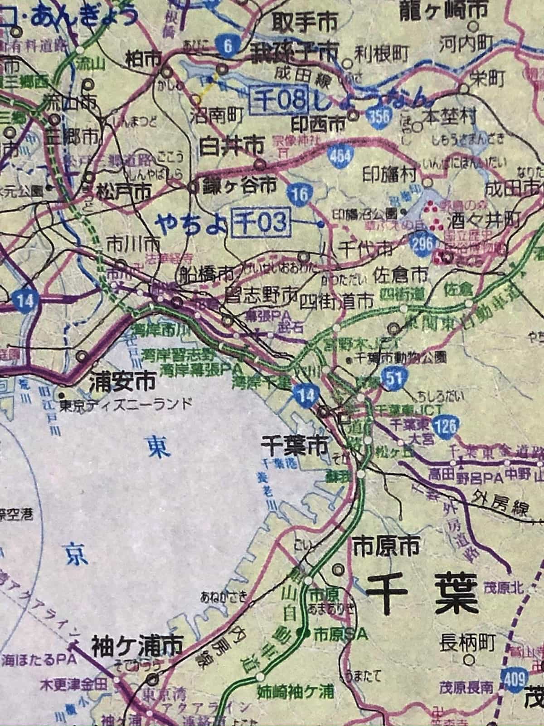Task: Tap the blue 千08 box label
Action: tap(280, 98)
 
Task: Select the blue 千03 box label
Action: tap(260, 223)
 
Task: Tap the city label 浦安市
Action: tap(122, 382)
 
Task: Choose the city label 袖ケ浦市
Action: tap(137, 644)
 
